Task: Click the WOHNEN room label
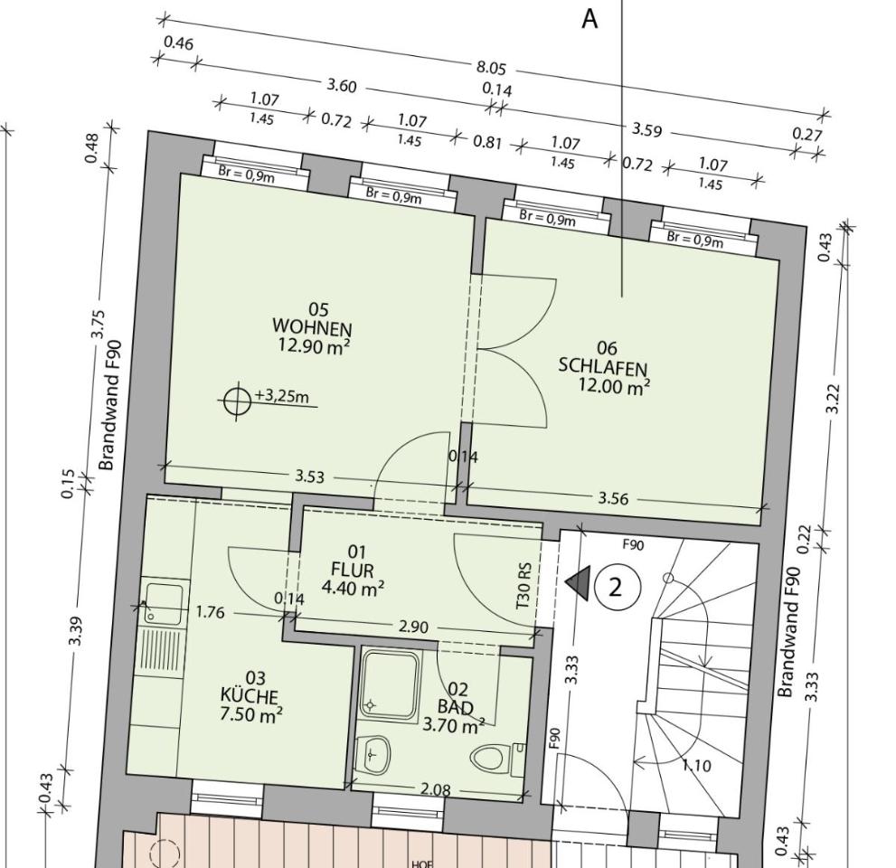[x=312, y=328]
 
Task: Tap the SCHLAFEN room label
[x=603, y=367]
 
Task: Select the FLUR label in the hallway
[x=353, y=570]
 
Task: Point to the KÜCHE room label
[x=250, y=696]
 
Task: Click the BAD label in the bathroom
[x=456, y=707]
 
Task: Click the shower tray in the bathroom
[x=391, y=684]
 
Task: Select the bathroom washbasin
[x=373, y=754]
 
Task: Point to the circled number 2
[x=615, y=587]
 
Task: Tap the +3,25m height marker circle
[x=237, y=401]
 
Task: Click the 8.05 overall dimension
[x=492, y=68]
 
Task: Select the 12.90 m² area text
[x=314, y=345]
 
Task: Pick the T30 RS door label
[x=523, y=586]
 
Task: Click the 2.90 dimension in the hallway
[x=413, y=627]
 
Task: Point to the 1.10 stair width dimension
[x=696, y=765]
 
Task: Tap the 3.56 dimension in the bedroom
[x=613, y=498]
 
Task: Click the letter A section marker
[x=589, y=19]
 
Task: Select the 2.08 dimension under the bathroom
[x=436, y=789]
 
